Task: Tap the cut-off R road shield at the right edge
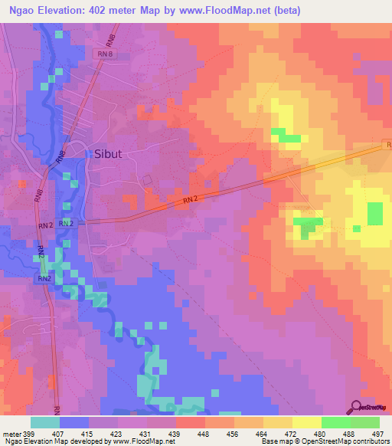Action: coord(387,144)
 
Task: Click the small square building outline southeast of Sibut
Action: coord(148,179)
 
